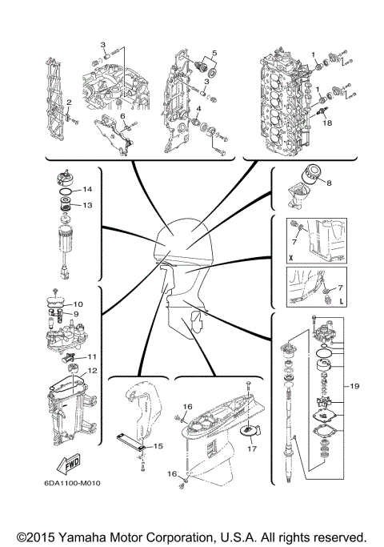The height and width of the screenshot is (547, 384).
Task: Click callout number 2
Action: coord(70,103)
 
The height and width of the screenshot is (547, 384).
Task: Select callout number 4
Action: coord(198,107)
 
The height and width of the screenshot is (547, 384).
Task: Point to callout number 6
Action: coord(123,116)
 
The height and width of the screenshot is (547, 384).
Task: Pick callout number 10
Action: coord(78,304)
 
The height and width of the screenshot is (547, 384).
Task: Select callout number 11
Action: coord(92,356)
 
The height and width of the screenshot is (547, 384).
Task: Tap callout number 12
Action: coord(94,371)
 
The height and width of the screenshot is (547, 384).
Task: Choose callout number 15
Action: coord(158,444)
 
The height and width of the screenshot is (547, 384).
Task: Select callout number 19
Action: coord(355,386)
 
